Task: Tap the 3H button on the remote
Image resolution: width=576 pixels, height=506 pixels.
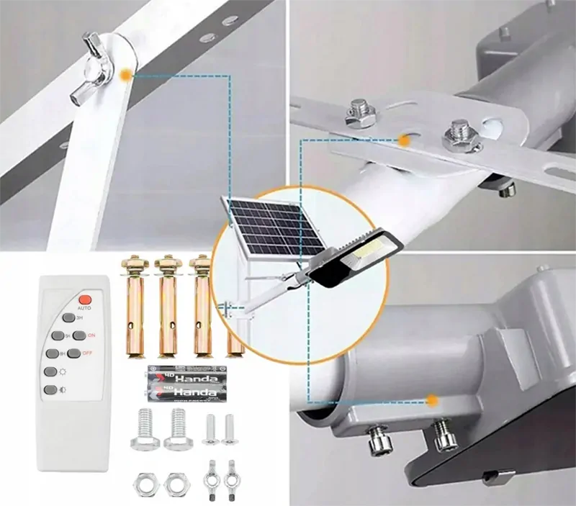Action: pyautogui.click(x=68, y=317)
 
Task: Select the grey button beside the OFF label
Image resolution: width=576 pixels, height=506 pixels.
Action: pyautogui.click(x=73, y=353)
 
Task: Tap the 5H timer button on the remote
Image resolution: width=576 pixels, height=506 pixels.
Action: pyautogui.click(x=58, y=335)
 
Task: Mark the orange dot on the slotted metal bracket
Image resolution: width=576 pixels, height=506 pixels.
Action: pyautogui.click(x=405, y=141)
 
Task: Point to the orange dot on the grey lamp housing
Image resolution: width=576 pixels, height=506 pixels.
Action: pyautogui.click(x=432, y=400)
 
